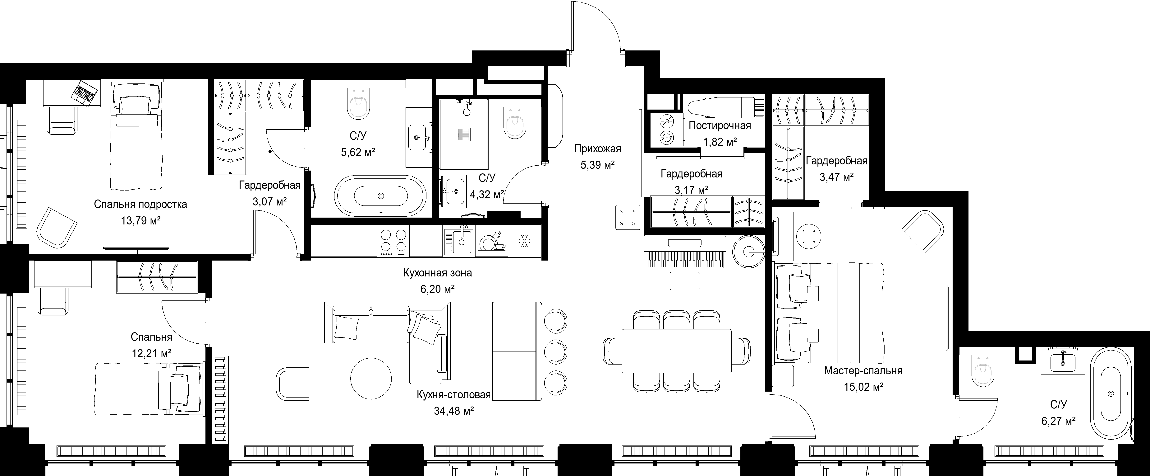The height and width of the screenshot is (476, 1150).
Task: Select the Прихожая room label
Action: coord(597,148)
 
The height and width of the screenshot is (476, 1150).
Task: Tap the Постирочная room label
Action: coord(720,126)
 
